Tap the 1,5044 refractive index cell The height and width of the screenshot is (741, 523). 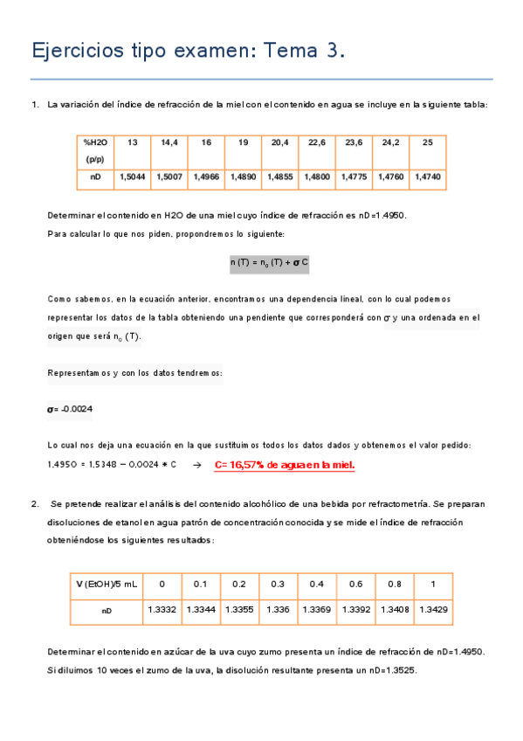coord(133,177)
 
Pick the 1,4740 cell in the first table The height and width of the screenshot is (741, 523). coord(427,177)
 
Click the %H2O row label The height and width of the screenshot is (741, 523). coord(95,142)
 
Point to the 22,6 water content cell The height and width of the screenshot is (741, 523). coord(316,142)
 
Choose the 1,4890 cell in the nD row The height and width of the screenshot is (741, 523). coord(242,177)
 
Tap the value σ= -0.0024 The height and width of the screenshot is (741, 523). coord(70,409)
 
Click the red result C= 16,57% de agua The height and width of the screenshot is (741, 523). coord(285,465)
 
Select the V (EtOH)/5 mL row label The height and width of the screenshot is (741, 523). coord(106,584)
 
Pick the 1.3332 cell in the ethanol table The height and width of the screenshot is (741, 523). coord(162,610)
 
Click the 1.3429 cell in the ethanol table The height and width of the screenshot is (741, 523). coord(432,610)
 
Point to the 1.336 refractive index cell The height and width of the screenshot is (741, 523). coord(278,610)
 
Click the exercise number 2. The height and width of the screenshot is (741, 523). coord(34,504)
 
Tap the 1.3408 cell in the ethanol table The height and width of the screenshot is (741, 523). coord(394,610)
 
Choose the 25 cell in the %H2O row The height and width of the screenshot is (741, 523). coord(427,142)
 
